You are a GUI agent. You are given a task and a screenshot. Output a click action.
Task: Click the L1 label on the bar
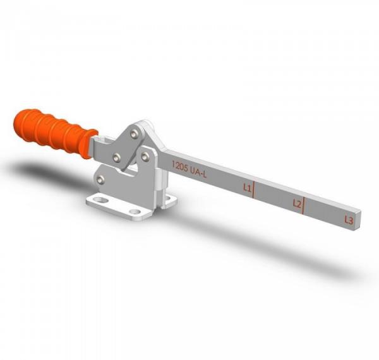pos(248,188)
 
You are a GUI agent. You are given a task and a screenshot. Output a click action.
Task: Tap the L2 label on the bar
pos(297,203)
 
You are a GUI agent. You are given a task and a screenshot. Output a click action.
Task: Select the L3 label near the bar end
pos(348,220)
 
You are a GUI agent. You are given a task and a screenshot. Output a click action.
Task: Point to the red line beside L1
pos(254,189)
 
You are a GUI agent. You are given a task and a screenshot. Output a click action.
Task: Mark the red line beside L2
pos(304,206)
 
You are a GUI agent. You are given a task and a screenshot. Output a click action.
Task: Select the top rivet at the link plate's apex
pos(134,133)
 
